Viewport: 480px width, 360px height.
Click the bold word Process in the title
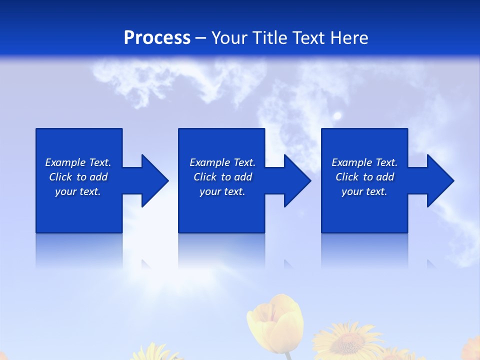click(157, 38)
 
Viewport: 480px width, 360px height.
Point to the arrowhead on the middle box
click(296, 180)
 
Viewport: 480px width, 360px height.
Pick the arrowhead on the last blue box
click(439, 180)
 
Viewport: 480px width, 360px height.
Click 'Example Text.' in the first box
click(78, 162)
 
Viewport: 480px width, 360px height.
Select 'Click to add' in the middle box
click(222, 177)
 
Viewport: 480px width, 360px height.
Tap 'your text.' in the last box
click(364, 191)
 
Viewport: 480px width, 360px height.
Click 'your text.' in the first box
click(78, 191)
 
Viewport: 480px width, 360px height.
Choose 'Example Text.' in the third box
click(364, 162)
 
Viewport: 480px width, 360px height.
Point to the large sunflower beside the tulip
click(346, 342)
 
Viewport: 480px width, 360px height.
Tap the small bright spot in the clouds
click(337, 116)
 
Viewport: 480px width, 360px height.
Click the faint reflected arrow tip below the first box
click(146, 264)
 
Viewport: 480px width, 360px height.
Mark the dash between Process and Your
click(200, 38)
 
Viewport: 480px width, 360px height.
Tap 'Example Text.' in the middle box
click(222, 162)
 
